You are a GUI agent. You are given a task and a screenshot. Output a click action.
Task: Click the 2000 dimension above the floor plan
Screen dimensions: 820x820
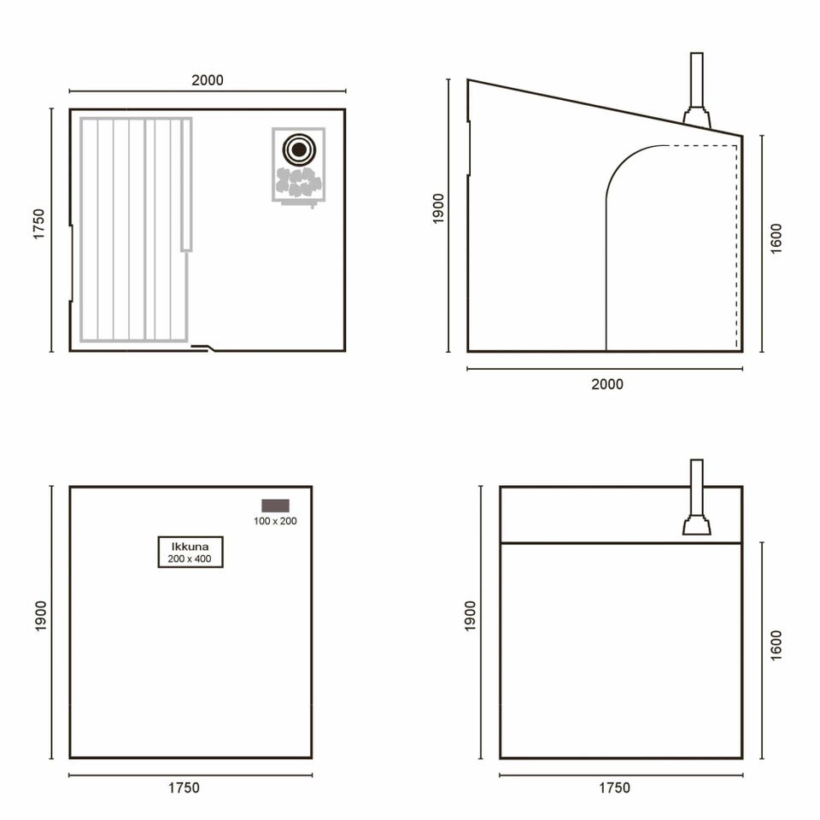(208, 80)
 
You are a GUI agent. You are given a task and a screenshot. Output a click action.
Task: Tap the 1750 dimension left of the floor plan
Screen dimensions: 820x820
(38, 225)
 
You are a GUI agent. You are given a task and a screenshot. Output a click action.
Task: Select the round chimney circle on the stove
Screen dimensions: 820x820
(299, 149)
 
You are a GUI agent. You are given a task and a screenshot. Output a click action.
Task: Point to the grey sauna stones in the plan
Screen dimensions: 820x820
(298, 181)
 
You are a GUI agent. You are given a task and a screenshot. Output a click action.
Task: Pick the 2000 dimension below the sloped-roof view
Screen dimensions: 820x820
(607, 384)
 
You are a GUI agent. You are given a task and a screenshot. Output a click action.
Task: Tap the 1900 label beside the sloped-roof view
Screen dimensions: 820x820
(438, 208)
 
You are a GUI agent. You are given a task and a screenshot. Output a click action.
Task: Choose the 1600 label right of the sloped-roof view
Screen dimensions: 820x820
(776, 239)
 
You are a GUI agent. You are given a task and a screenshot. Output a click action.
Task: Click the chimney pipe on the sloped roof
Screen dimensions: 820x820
(697, 80)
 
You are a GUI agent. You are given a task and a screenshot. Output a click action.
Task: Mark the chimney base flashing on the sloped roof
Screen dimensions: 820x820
(697, 117)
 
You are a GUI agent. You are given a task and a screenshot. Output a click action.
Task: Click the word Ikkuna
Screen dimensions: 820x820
(190, 547)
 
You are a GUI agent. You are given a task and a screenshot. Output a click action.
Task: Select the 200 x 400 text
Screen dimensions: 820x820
(190, 559)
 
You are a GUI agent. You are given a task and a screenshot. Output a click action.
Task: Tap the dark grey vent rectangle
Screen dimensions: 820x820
(276, 506)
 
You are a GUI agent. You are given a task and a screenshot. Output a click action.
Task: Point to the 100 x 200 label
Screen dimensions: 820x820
(275, 521)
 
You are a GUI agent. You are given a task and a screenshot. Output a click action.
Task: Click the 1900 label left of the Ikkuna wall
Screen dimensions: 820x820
(40, 616)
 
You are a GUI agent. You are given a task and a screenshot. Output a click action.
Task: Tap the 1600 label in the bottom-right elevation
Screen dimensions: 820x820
(776, 646)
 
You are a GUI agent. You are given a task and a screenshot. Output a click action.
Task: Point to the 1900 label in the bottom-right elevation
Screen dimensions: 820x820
(470, 616)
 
